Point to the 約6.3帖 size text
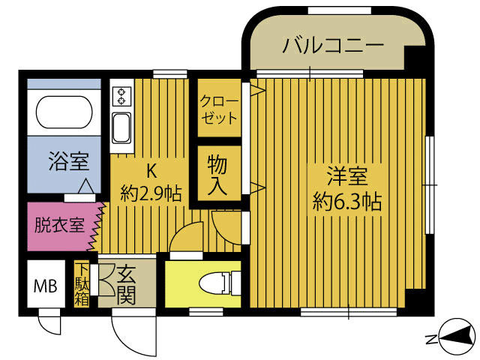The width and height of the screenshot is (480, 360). pyautogui.click(x=346, y=202)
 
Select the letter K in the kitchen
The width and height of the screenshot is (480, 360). pyautogui.click(x=149, y=169)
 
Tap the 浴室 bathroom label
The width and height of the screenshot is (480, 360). pyautogui.click(x=67, y=162)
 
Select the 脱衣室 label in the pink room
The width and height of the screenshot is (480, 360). pyautogui.click(x=58, y=225)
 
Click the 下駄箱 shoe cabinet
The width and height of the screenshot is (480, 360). pyautogui.click(x=80, y=283)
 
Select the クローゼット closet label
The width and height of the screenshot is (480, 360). pyautogui.click(x=219, y=109)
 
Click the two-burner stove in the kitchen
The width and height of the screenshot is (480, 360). pyautogui.click(x=121, y=96)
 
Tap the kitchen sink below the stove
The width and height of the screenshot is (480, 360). pyautogui.click(x=121, y=127)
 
